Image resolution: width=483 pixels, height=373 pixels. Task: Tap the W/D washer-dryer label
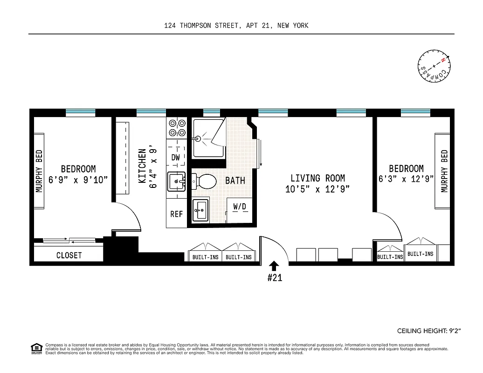click(240, 206)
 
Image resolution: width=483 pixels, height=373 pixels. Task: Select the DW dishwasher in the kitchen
click(176, 157)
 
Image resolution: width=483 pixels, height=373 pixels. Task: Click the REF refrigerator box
click(176, 214)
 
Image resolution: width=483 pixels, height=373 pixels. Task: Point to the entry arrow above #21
click(274, 265)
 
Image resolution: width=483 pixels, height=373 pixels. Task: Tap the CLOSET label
click(69, 255)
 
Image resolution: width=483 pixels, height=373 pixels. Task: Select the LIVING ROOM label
click(317, 178)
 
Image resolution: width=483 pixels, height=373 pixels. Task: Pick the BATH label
click(235, 180)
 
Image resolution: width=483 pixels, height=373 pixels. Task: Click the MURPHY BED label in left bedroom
click(39, 171)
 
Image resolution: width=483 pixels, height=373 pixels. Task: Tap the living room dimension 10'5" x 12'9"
click(317, 189)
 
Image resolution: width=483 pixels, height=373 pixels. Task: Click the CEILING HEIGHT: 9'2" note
click(428, 331)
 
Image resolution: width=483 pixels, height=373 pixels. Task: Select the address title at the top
click(236, 26)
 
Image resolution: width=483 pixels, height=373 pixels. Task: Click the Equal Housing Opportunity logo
click(36, 348)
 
